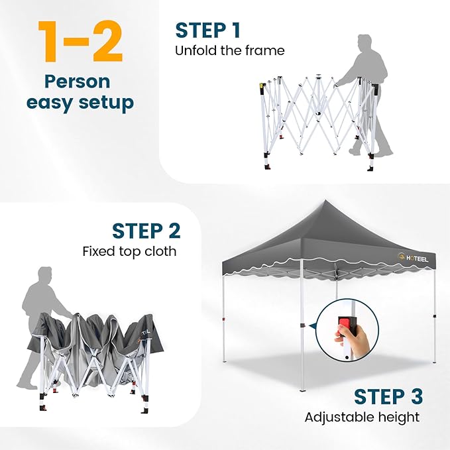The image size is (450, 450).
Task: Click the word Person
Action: coord(78,82)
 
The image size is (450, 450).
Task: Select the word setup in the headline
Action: coord(106,103)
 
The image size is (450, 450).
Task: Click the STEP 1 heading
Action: coord(208,30)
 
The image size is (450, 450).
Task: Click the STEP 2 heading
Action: coord(146,231)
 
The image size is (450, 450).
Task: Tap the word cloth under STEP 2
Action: coord(160,251)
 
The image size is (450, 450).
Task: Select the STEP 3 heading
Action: coord(388,396)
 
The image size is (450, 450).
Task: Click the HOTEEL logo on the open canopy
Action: coord(413,258)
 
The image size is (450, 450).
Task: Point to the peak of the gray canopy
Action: coord(325,200)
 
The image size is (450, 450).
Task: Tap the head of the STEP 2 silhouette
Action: coord(45,275)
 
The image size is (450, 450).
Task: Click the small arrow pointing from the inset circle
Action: coord(312,325)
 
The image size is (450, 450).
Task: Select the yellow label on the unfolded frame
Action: coord(261,85)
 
